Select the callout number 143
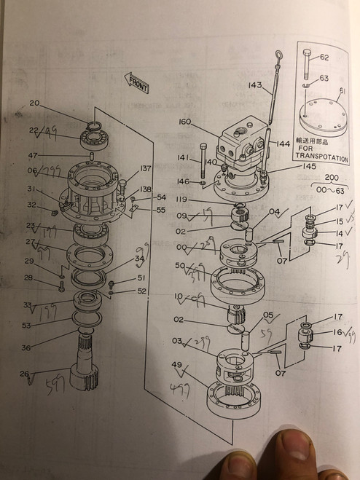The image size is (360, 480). click(254, 85)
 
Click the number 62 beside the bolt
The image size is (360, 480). click(324, 57)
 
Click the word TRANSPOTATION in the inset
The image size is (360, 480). click(321, 157)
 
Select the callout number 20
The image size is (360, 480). click(34, 103)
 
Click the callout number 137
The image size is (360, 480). click(146, 168)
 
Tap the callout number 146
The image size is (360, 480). click(184, 181)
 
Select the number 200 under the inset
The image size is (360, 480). click(332, 177)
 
